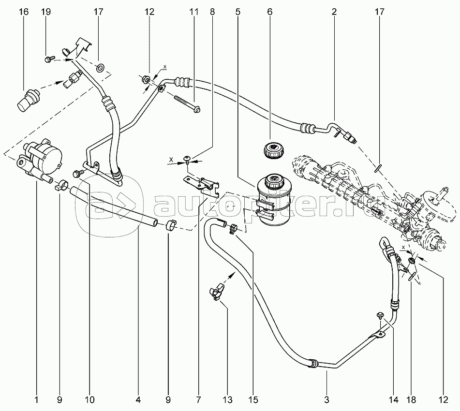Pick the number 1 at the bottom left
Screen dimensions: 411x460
click(x=36, y=400)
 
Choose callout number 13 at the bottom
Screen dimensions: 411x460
click(x=227, y=400)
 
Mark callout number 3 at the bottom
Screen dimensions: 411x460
click(x=326, y=400)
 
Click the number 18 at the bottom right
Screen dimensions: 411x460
click(x=412, y=400)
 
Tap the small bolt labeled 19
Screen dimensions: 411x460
click(x=49, y=59)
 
